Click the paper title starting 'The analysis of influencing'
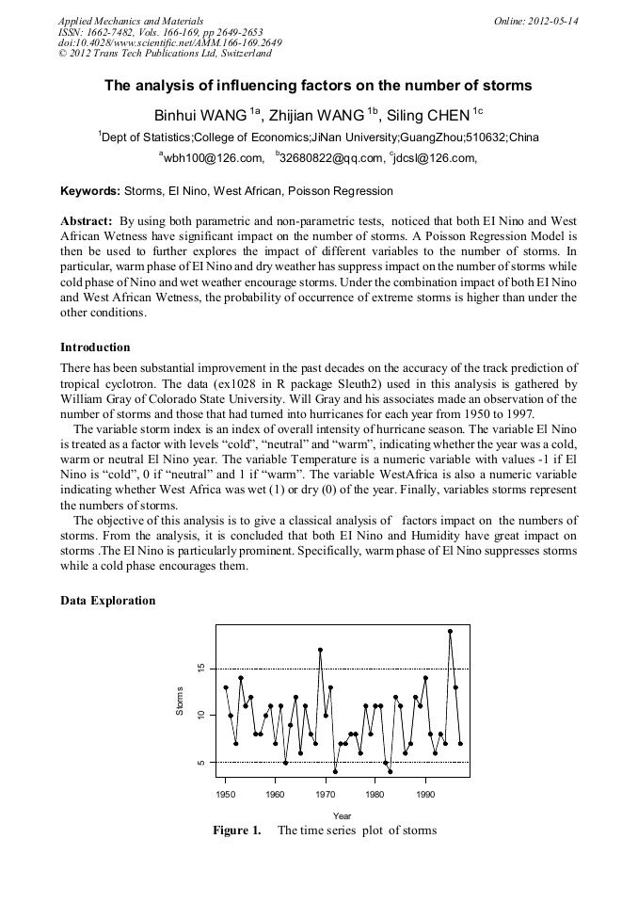pos(318,86)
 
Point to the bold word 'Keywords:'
pos(90,191)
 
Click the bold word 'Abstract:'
pos(87,219)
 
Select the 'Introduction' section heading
pos(95,347)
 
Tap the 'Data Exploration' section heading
pos(107,601)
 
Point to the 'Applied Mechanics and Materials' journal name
pos(130,21)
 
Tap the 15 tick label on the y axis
pos(200,669)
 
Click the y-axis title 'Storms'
pos(180,700)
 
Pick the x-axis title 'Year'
pos(342,815)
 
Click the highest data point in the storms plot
pos(450,632)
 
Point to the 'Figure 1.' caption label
pos(236,830)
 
